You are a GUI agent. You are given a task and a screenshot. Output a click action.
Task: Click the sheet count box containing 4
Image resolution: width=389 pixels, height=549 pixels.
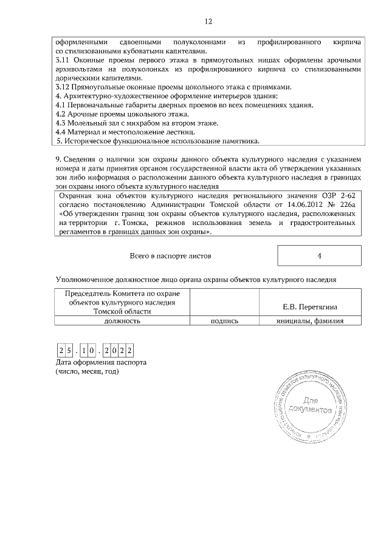pos(319,255)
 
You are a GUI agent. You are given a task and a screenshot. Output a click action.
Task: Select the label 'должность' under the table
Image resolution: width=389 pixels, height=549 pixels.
pos(122,321)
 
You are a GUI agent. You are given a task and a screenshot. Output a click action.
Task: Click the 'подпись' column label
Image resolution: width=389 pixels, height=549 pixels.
pos(224,321)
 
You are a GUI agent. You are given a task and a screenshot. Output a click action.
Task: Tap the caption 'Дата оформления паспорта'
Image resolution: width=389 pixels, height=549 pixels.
pos(100,362)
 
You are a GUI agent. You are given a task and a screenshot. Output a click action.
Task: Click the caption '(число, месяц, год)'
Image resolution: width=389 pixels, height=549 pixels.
pos(86,371)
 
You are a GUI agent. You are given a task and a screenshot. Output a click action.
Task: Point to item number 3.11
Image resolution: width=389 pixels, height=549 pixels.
pos(64,61)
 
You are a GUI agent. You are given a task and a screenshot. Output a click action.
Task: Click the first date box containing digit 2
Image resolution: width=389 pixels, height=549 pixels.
pos(61,350)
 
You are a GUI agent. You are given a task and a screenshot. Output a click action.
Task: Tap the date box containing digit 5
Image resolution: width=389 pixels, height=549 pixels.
pos(71,350)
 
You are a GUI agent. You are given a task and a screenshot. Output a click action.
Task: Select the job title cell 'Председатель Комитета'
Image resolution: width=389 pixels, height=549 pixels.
pos(122,301)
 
